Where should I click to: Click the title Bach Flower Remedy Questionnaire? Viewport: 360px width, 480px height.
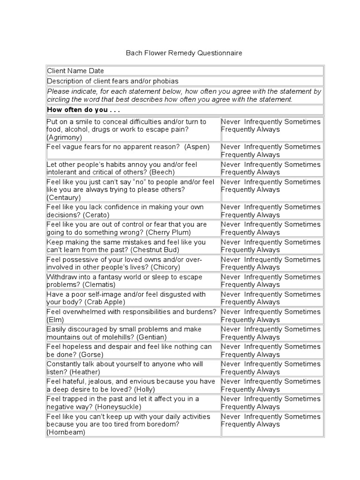(184, 53)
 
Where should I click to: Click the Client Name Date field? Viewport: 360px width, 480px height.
(75, 71)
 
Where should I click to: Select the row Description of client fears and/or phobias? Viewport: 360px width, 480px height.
(112, 81)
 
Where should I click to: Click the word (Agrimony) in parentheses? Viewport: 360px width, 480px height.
(64, 137)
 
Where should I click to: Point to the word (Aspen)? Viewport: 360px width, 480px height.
(197, 147)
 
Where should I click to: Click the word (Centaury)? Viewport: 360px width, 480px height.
(64, 198)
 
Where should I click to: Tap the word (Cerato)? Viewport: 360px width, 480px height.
(96, 215)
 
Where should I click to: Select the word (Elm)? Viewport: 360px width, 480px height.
(55, 320)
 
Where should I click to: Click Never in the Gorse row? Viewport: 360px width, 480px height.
(230, 346)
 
